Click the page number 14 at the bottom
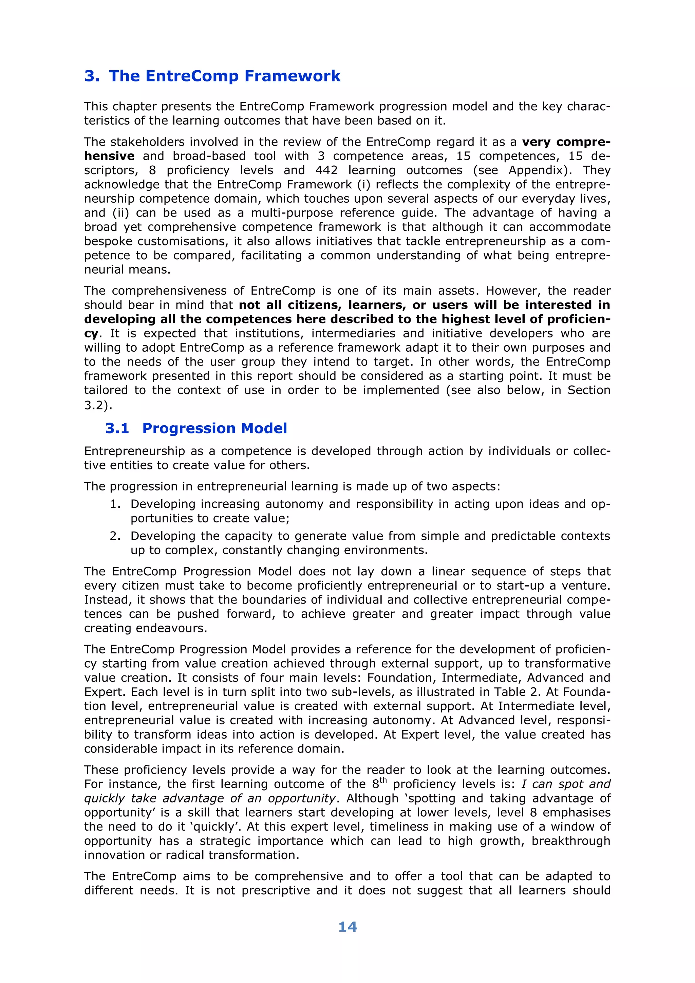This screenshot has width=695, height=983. point(347,927)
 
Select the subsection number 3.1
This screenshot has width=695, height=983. point(117,428)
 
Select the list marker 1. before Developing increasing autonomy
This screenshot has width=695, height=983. point(115,504)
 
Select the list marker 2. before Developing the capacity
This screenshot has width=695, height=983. point(115,536)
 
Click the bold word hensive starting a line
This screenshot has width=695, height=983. point(109,156)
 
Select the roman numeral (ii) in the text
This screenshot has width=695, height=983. point(120,213)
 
